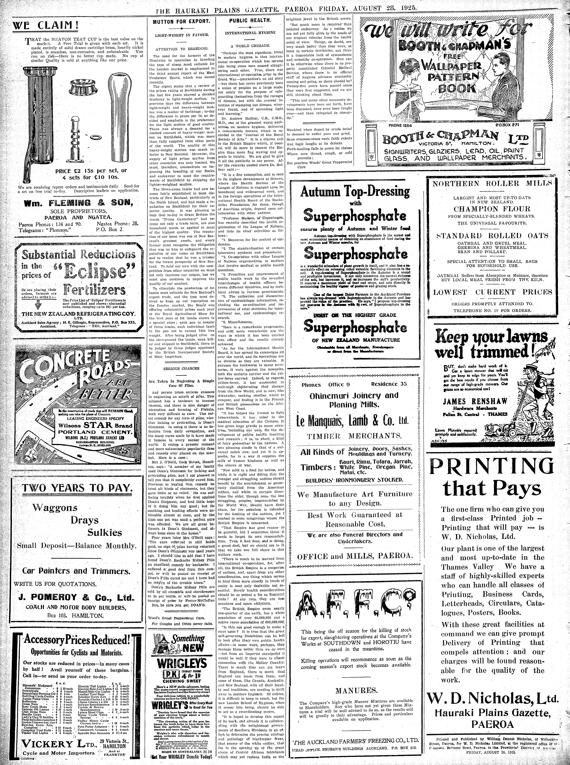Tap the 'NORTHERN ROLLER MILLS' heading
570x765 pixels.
tap(492, 183)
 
